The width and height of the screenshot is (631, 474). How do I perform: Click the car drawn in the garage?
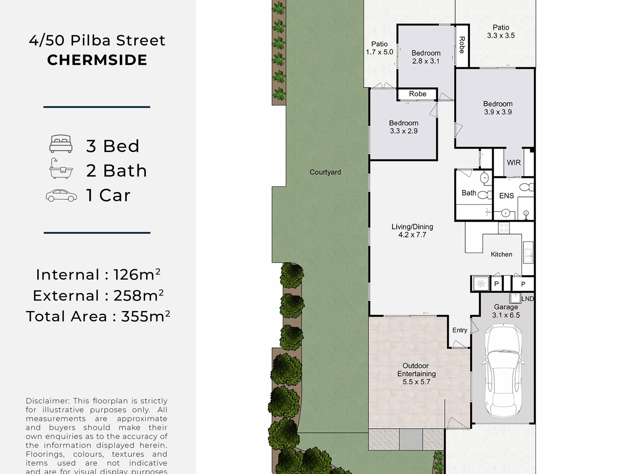503,371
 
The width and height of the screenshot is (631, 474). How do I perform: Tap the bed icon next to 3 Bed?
61,144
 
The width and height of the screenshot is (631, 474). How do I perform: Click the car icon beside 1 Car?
61,196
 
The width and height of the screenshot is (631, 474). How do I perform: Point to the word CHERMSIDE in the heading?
97,60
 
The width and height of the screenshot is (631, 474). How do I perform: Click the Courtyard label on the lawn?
325,172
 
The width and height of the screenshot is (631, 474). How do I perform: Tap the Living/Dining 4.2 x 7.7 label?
412,231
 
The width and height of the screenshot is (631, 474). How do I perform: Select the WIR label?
513,163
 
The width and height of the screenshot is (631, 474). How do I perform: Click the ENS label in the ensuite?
506,196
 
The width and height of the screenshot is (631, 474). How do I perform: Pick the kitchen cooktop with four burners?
504,228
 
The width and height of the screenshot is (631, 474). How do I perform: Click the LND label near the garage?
527,299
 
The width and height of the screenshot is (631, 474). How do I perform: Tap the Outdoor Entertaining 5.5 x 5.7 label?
416,374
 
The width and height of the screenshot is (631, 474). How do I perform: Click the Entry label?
460,330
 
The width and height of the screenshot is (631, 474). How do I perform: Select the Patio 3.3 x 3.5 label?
500,32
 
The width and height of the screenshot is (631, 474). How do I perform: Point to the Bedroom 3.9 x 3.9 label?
497,108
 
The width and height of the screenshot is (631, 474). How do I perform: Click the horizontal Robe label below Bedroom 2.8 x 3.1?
417,94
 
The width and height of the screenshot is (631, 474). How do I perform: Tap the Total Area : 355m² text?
98,316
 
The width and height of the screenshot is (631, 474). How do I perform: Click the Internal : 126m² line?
98,275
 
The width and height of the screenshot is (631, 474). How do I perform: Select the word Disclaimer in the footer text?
46,401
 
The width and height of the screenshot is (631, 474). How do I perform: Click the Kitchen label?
501,254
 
